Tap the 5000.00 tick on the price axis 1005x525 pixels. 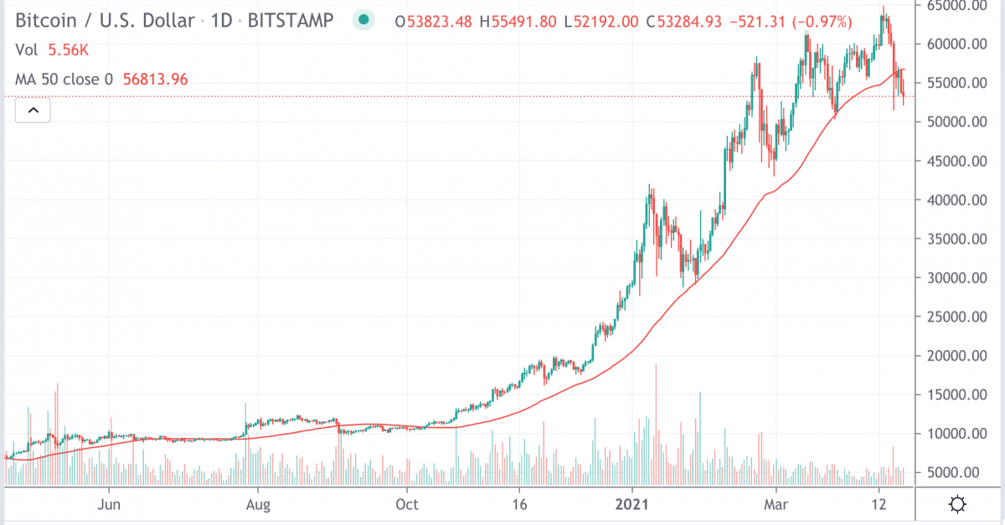coord(956,472)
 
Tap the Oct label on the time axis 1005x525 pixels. coord(406,505)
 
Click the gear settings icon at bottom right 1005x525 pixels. coord(957,504)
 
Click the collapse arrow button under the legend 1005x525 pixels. coord(33,110)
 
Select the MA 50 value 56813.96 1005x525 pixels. coord(155,80)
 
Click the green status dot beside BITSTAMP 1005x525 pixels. coord(363,19)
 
